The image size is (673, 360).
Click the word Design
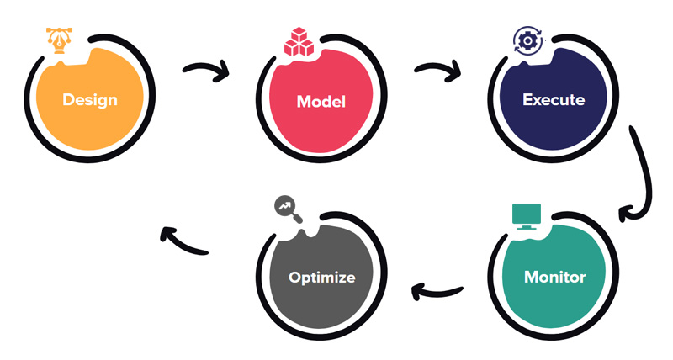(90, 100)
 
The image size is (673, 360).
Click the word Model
(321, 102)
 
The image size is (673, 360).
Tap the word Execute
(554, 99)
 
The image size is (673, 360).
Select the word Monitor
(554, 276)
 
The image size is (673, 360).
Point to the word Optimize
(321, 277)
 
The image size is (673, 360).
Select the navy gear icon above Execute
(527, 41)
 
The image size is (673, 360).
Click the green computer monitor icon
(527, 216)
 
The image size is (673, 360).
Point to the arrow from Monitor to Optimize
(437, 293)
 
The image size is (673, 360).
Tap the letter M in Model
(304, 102)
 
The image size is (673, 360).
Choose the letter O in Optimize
(294, 277)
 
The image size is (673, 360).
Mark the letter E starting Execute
(527, 99)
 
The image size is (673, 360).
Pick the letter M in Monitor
(532, 276)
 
